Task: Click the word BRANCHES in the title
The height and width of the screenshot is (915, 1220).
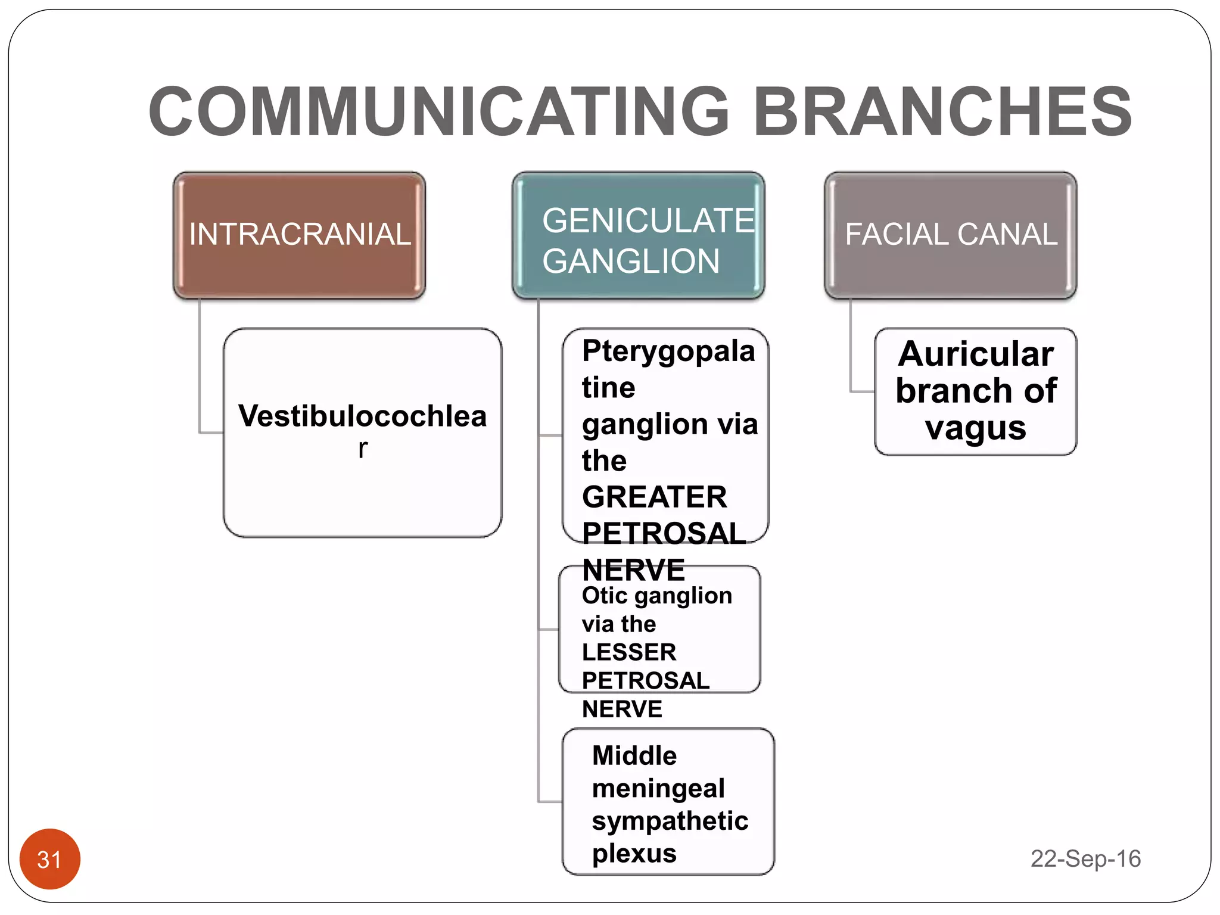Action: [942, 111]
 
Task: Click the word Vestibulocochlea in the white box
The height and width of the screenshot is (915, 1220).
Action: [362, 416]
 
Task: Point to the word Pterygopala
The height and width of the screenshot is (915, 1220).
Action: [668, 351]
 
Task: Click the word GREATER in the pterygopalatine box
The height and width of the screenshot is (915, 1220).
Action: [654, 497]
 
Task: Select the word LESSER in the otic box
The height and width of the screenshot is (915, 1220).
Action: [629, 652]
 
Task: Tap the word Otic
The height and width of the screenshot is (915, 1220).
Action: [605, 596]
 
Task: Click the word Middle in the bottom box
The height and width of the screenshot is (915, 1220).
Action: [634, 755]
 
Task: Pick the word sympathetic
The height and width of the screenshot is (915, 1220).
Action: [670, 821]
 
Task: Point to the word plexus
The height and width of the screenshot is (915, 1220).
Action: [634, 854]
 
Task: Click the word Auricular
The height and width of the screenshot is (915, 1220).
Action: [976, 354]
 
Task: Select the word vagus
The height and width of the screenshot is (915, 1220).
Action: [976, 428]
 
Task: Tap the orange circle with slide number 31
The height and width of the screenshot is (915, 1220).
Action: [49, 859]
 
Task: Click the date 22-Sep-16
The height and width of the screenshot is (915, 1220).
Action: [1085, 859]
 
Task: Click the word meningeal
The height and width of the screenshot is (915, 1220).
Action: [658, 788]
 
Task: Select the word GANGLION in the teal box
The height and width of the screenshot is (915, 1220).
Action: [631, 261]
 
